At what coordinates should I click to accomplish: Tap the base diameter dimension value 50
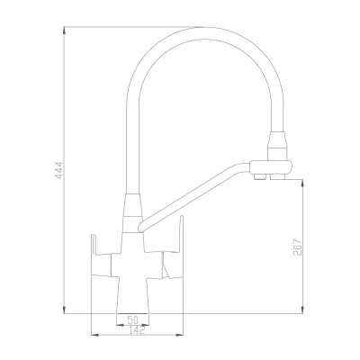click(132, 320)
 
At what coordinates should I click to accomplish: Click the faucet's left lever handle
click(94, 248)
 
